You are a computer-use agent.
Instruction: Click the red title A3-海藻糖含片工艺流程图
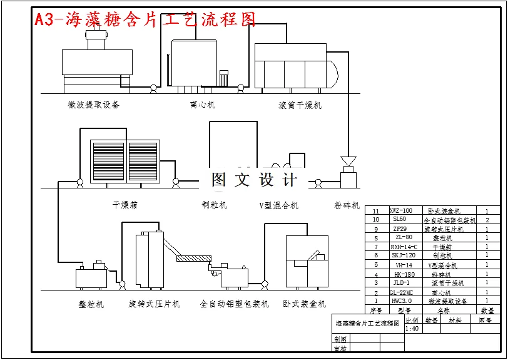[145, 19]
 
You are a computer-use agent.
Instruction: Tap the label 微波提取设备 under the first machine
[94, 105]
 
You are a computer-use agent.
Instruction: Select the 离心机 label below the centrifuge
[202, 105]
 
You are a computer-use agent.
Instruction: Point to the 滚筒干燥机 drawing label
[300, 105]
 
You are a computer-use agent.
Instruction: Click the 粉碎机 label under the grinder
[347, 205]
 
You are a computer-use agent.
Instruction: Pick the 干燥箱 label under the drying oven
[125, 205]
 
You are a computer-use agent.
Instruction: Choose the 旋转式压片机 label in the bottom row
[155, 304]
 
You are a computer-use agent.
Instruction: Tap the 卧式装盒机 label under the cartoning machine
[304, 304]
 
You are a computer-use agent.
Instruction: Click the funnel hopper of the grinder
[348, 161]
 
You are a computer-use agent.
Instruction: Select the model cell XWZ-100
[401, 211]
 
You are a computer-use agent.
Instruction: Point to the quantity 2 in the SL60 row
[487, 220]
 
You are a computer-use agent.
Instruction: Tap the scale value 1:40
[412, 329]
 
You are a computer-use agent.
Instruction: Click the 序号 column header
[375, 310]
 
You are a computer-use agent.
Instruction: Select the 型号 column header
[404, 310]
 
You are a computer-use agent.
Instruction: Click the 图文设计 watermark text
[253, 180]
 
